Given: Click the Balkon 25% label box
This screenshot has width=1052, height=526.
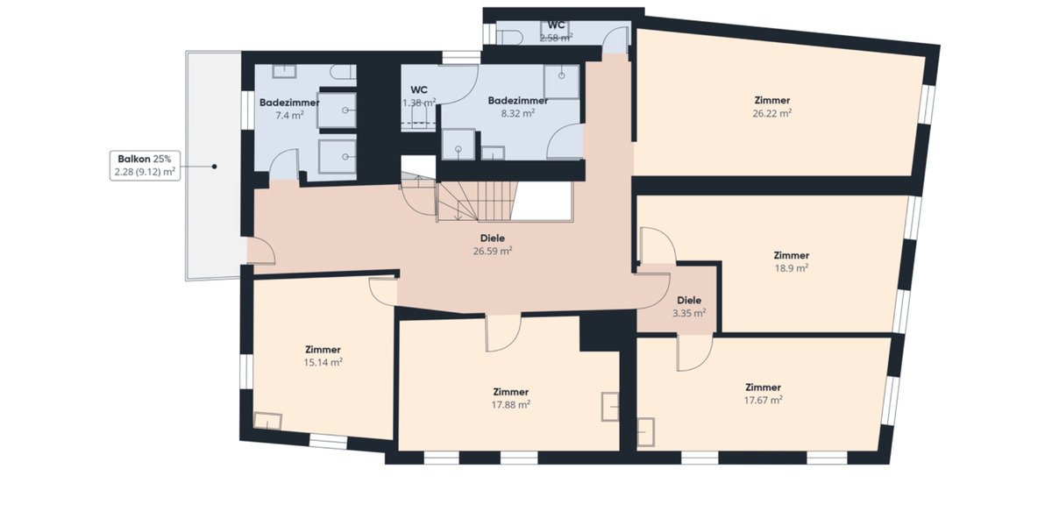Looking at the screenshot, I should pos(145,166).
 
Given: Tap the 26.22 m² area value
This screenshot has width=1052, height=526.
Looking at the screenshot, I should pos(771,113).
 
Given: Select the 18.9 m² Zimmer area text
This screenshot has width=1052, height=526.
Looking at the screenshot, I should pos(791,268).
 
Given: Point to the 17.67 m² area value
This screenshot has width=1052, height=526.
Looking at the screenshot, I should pos(763,400).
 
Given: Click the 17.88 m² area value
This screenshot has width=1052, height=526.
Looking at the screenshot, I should pos(510,404).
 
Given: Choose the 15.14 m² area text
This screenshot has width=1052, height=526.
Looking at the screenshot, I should pos(323,361).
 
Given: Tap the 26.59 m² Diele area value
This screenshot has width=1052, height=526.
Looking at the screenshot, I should pos(493,250).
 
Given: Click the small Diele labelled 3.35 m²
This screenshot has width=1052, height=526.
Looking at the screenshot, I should pos(689,306).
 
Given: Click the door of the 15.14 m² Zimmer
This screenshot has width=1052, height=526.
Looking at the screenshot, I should pos(384,289).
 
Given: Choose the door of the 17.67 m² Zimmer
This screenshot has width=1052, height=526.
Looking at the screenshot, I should pos(694,353).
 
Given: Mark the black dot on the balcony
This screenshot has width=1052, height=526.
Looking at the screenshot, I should pos(213,166).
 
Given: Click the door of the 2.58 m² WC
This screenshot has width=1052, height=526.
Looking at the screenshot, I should pos(618,39).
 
